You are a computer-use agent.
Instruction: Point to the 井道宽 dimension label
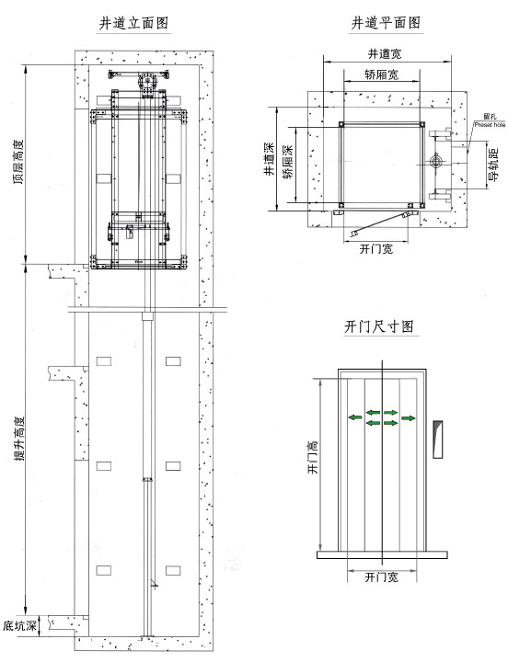(x=385, y=54)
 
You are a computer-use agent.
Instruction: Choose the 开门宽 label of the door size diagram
(x=380, y=577)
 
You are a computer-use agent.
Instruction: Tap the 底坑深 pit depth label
(x=19, y=627)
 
